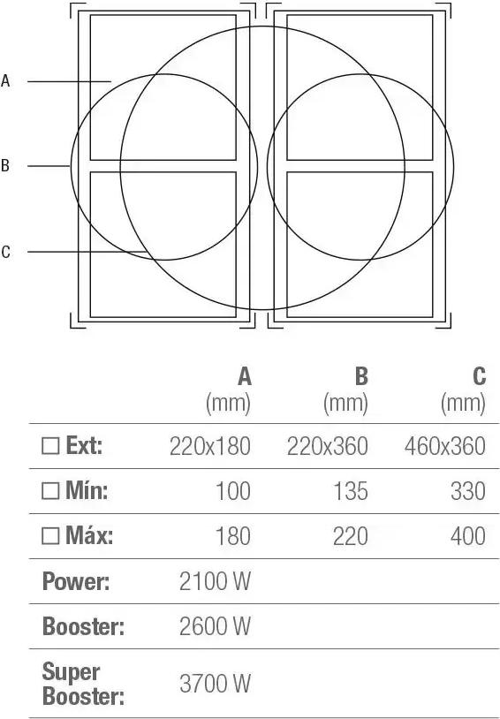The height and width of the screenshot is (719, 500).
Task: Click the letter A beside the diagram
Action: pos(5,80)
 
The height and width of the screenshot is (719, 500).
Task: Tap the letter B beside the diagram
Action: pos(5,165)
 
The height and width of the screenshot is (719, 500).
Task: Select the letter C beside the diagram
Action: pos(5,252)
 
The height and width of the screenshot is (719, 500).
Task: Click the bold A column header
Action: pos(245,377)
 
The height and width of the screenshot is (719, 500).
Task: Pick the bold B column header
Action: pos(361,377)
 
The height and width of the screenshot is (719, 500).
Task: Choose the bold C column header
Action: pos(479,377)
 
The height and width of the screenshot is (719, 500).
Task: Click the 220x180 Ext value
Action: pos(210,446)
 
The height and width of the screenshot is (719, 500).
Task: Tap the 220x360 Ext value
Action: pos(328,446)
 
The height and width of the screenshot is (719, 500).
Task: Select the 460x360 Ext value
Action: pos(445,446)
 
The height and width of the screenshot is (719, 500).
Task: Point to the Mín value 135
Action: pos(351,491)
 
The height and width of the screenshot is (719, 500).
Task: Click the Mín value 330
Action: pos(468,491)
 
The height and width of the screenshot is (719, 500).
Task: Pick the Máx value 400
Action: pos(468,536)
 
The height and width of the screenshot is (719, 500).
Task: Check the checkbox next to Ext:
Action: pos(50,445)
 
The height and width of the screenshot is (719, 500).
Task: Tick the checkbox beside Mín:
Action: pos(50,490)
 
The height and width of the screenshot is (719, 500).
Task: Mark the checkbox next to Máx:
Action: pos(50,535)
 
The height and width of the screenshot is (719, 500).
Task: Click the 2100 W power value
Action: pos(216,581)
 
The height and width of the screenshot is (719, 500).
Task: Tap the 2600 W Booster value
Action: pos(216,626)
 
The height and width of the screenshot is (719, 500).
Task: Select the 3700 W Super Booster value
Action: pos(216,684)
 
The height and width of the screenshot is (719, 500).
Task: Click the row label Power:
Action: pos(76,581)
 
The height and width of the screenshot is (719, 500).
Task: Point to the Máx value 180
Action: pos(233,536)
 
